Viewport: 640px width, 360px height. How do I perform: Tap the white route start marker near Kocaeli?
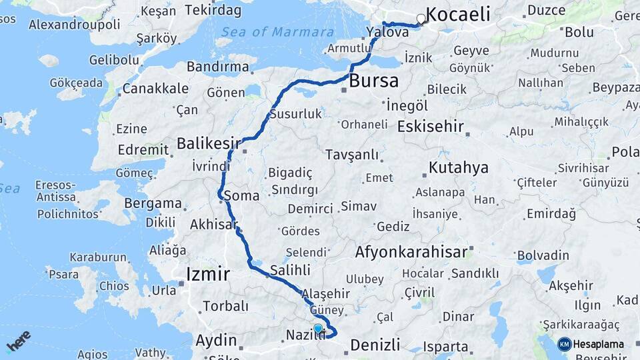coord(421,19)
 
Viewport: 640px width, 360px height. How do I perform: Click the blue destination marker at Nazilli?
coord(318,329)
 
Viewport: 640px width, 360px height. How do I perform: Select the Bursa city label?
coord(373,81)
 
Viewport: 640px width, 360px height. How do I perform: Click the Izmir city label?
coord(208,273)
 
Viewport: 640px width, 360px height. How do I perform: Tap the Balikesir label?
coord(208,143)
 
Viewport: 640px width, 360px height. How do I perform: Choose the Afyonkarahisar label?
coord(411,253)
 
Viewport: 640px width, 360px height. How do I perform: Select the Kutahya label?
coord(459,167)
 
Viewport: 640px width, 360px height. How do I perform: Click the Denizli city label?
coord(375,345)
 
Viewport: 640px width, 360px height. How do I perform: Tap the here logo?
coord(18,341)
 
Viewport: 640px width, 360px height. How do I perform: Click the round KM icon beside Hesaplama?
coord(565,344)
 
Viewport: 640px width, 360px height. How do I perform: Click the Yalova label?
coord(387,31)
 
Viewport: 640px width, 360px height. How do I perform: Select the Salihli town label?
coord(290,271)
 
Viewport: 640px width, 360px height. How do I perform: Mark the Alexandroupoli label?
coord(75,25)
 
